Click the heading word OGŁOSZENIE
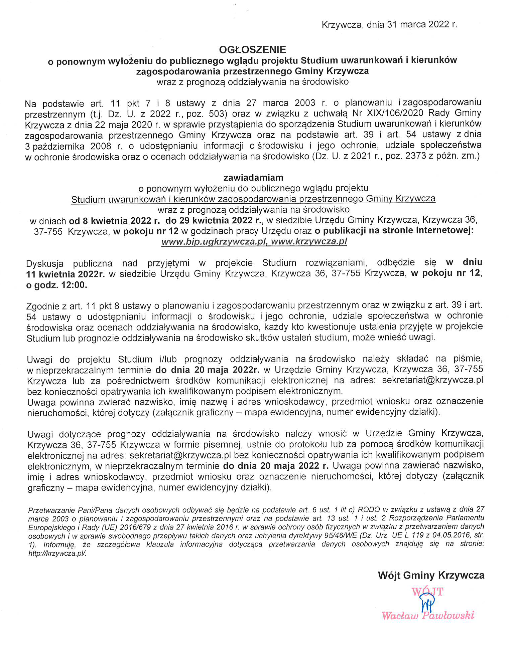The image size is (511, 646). [x=252, y=50]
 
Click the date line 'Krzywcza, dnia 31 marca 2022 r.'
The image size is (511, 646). [x=389, y=25]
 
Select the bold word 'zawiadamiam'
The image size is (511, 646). [x=253, y=177]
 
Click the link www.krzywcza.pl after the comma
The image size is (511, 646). [x=309, y=242]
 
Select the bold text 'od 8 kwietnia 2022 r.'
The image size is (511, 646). [x=115, y=221]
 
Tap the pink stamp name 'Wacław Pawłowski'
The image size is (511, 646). [x=428, y=615]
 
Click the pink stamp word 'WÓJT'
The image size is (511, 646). [x=427, y=592]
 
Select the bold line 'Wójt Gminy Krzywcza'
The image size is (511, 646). [x=431, y=575]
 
